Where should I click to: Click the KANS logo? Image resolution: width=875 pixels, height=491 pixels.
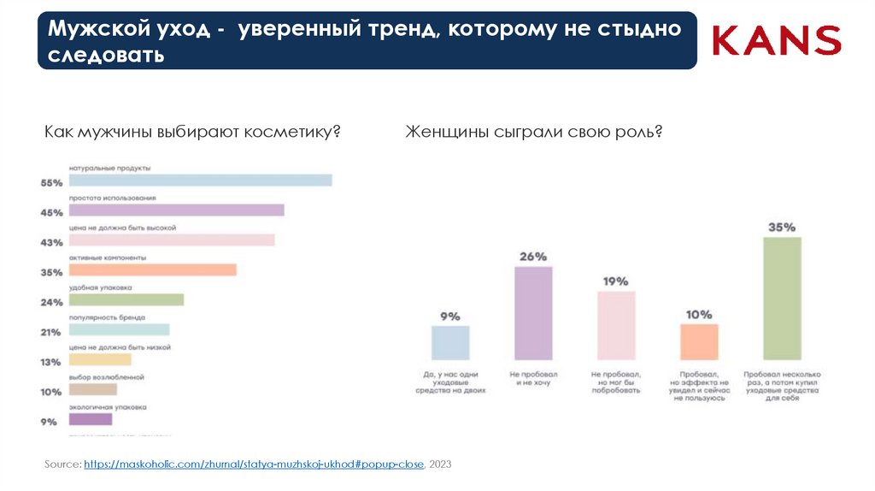click(777, 40)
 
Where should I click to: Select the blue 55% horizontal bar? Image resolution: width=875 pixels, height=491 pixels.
click(200, 180)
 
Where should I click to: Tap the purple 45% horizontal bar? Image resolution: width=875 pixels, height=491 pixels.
click(176, 210)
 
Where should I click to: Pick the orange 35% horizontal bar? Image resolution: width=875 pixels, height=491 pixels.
click(152, 270)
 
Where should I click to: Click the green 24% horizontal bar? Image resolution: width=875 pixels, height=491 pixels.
click(126, 300)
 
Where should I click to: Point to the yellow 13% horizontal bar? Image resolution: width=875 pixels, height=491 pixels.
click(100, 360)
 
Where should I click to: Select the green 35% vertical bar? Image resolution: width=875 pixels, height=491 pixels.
click(782, 298)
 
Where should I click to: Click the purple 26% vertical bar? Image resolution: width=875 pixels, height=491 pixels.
click(532, 313)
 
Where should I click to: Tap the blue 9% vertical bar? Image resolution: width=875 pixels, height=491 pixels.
click(450, 342)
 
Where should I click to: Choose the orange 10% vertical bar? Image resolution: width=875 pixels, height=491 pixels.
click(699, 341)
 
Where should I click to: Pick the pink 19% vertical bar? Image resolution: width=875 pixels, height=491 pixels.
click(616, 325)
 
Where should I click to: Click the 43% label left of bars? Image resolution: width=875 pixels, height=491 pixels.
click(51, 243)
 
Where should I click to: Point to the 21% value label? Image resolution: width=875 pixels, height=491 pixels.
click(51, 332)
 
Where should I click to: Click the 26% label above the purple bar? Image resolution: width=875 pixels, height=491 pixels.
click(532, 257)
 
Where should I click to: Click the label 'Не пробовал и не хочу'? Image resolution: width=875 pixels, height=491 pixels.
click(532, 379)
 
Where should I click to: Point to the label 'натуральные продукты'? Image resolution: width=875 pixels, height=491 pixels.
click(109, 169)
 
